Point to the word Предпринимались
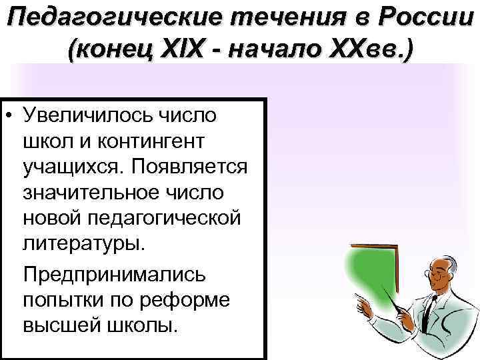click(115, 274)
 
